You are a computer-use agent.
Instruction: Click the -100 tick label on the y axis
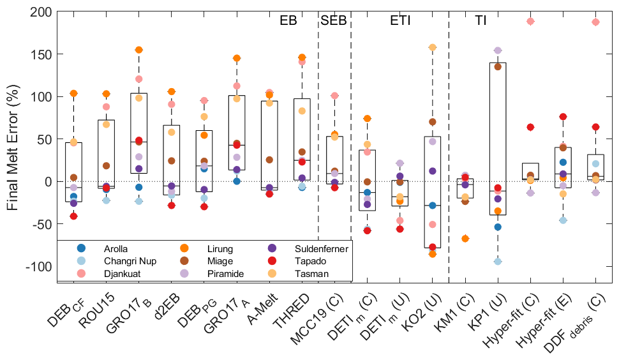point(40,266)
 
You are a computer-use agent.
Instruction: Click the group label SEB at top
point(334,20)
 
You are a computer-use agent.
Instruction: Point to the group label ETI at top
point(400,20)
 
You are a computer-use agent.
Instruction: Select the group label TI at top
point(481,20)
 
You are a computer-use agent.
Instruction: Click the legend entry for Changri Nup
point(130,261)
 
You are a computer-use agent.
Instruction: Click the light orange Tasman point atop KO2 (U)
point(432,47)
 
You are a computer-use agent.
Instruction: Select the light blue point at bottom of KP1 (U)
point(497,261)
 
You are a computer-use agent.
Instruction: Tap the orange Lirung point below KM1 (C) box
point(466,238)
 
